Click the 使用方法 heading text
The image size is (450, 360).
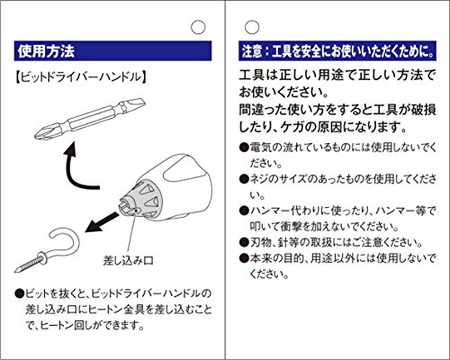46,51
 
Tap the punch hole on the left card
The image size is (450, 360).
198,27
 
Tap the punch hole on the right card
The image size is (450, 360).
252,27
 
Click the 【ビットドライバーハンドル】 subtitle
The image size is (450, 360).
81,77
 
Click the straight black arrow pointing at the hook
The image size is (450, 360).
102,222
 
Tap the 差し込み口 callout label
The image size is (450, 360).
128,260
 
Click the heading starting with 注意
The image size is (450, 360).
338,51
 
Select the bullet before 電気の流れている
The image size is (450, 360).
244,148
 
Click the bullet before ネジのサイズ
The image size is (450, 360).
244,179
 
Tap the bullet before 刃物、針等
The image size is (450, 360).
244,242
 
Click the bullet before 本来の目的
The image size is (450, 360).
244,258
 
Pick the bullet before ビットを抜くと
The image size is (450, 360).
19,292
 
